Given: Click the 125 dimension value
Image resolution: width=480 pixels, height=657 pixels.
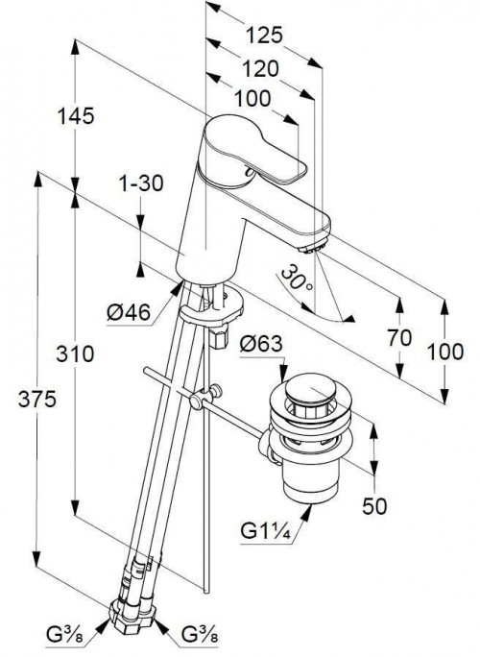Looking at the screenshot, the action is pyautogui.click(x=264, y=36).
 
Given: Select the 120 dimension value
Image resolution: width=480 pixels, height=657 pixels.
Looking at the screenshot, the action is pyautogui.click(x=260, y=69).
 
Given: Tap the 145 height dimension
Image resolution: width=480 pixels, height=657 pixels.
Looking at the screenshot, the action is pyautogui.click(x=76, y=116).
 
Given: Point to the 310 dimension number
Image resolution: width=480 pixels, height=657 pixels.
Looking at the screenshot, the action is pyautogui.click(x=76, y=354).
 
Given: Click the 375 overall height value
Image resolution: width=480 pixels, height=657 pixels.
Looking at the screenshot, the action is pyautogui.click(x=36, y=399).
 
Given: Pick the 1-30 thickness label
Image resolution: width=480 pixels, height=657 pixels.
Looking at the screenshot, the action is pyautogui.click(x=141, y=183).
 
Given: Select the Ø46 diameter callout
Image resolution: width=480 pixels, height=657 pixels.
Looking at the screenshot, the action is pyautogui.click(x=129, y=312).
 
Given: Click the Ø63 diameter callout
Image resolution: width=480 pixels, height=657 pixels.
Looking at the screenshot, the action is pyautogui.click(x=261, y=345).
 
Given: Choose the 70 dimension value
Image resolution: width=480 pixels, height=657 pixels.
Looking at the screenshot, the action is pyautogui.click(x=399, y=338).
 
